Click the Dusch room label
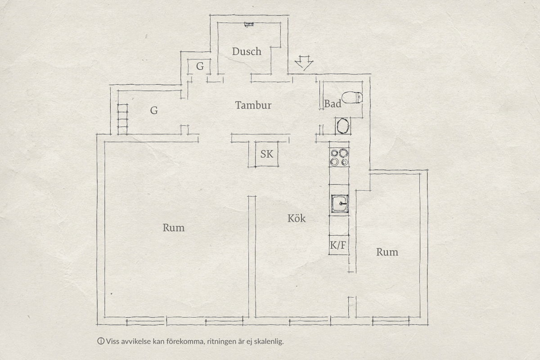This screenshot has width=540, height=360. (x=247, y=51)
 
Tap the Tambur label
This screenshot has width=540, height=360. (x=253, y=105)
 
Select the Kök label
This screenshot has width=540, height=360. (x=297, y=218)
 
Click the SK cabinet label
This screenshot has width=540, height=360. (x=267, y=154)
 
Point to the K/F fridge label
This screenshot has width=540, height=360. (x=338, y=245)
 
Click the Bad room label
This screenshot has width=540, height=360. (x=333, y=104)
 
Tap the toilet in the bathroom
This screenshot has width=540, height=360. (x=352, y=97)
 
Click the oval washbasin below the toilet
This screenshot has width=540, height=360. (x=342, y=126)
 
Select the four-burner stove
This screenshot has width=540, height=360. (x=339, y=157)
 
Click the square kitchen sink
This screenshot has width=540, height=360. (x=340, y=204)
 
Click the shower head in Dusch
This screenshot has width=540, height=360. (x=249, y=24)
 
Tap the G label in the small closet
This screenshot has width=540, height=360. (x=200, y=66)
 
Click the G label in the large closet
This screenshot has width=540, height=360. (x=154, y=110)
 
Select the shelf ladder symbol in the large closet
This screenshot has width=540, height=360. (x=122, y=119)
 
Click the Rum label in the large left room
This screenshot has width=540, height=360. (x=174, y=228)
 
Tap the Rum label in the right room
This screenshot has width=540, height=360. (x=387, y=252)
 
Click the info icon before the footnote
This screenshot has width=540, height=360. (x=101, y=341)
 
